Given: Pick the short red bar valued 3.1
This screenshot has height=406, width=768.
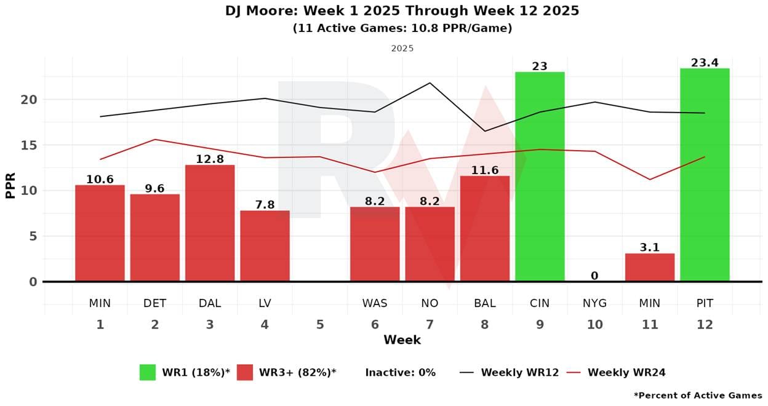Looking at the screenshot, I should click(x=650, y=268).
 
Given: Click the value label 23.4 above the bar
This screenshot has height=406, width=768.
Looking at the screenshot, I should click(x=705, y=62).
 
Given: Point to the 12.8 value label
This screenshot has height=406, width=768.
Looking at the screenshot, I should click(x=210, y=159).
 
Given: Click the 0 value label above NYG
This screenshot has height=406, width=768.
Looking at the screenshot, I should click(x=594, y=276).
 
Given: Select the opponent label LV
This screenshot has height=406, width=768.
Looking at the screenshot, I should click(x=265, y=303).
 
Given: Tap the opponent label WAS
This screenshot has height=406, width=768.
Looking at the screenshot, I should click(x=375, y=303).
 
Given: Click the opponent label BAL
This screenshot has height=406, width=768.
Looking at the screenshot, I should click(x=485, y=303).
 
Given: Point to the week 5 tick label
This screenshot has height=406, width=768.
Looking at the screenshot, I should click(x=320, y=324).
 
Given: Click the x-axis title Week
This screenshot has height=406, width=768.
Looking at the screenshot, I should click(x=402, y=340).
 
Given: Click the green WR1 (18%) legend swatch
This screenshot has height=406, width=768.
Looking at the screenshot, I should click(x=148, y=372).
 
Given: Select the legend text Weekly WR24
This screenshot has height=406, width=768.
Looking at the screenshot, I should click(x=626, y=372).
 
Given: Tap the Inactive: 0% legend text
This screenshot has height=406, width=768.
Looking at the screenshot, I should click(x=400, y=372).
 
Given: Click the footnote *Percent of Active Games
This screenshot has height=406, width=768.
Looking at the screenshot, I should click(x=697, y=396).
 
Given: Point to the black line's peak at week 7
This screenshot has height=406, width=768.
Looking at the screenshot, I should click(x=430, y=83).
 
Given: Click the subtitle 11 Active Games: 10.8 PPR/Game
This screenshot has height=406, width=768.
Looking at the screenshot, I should click(x=402, y=28).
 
